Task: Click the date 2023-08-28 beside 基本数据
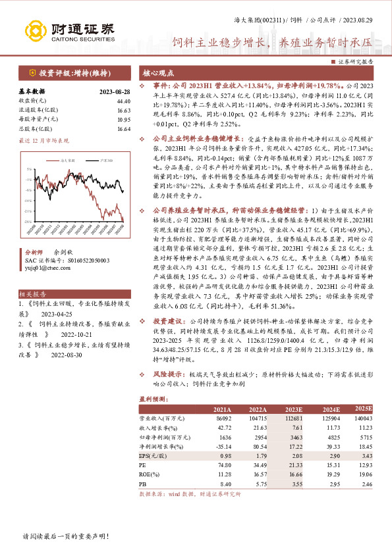(115, 91)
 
